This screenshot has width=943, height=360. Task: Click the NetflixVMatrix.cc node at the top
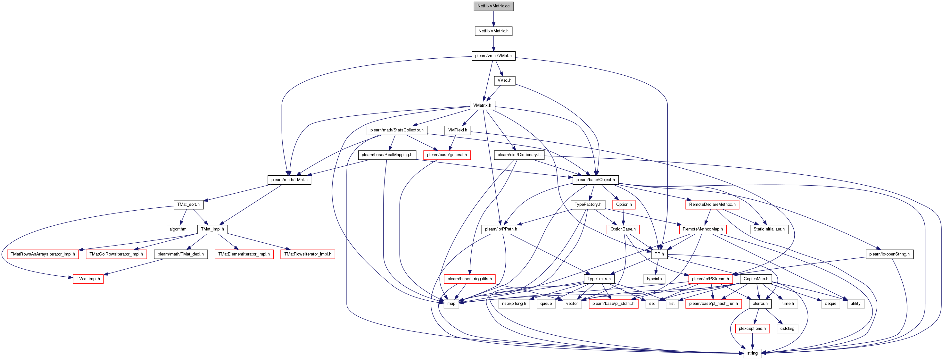pos(493,6)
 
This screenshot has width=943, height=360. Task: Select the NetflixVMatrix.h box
pos(493,31)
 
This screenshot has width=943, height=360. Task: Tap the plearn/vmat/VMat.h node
pos(493,56)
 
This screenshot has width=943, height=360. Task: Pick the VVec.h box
pos(504,80)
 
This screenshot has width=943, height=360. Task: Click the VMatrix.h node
pos(483,105)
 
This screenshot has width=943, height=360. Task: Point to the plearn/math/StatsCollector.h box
pos(397,130)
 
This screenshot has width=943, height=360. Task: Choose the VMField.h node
pos(458,130)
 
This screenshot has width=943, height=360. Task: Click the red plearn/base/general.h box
pos(447,155)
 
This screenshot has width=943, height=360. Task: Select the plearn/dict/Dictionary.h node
pos(519,155)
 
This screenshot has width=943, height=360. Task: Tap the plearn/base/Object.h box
pos(596,180)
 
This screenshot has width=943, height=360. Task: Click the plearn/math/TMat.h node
pos(289,180)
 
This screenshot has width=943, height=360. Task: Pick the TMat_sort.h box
pos(188,204)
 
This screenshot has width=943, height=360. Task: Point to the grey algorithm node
pos(178,229)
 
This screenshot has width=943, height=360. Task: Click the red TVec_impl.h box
pos(88,279)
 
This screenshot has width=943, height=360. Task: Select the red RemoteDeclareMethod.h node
pos(712,204)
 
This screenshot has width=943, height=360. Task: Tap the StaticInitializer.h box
pos(769,229)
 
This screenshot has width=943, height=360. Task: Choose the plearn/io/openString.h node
pos(889,254)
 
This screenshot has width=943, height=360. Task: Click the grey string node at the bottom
pos(753,353)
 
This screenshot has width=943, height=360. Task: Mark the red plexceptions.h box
pos(752,329)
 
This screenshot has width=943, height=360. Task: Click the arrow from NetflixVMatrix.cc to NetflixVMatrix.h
pos(493,19)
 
